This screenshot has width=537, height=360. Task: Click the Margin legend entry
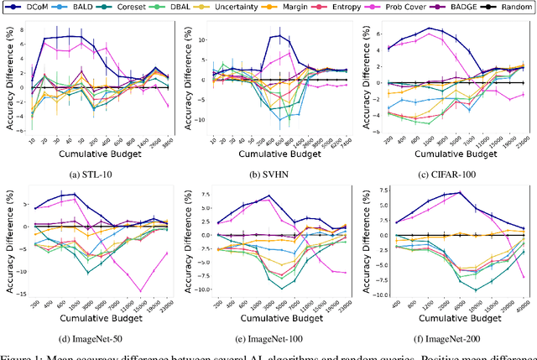tap(305, 8)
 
